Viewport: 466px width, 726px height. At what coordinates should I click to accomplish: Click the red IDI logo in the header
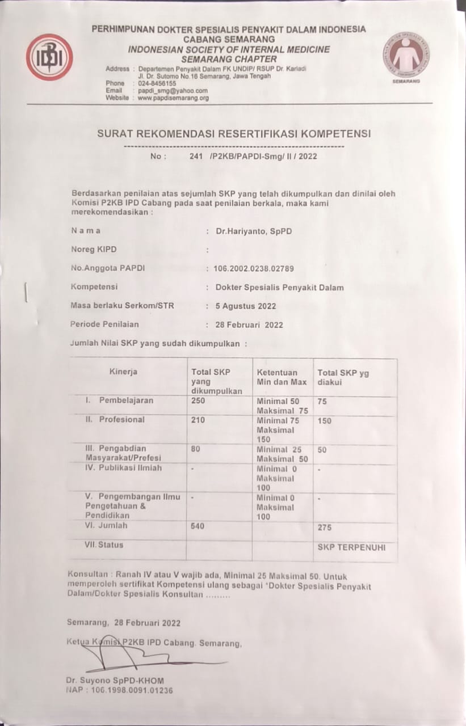[49, 57]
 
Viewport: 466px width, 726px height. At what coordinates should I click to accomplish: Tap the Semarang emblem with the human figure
[406, 55]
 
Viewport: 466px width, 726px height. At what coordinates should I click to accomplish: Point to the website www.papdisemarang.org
[173, 98]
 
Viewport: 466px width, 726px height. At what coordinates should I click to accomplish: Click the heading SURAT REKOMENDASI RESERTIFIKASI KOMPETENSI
[233, 134]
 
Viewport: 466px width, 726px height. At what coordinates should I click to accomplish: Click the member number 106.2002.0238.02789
[254, 268]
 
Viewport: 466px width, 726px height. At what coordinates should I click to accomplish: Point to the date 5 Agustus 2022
[246, 306]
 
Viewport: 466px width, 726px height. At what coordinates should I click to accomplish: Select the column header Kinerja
[123, 372]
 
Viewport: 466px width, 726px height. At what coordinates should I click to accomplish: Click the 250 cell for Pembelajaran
[199, 400]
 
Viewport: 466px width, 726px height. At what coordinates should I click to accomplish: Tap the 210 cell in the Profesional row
[199, 420]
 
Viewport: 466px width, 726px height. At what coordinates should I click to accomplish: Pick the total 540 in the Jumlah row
[198, 526]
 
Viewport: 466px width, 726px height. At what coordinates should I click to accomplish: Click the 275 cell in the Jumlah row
[325, 527]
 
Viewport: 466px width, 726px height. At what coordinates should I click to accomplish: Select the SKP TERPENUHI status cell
[351, 547]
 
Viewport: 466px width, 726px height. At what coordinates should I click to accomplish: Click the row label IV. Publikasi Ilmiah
[123, 468]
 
